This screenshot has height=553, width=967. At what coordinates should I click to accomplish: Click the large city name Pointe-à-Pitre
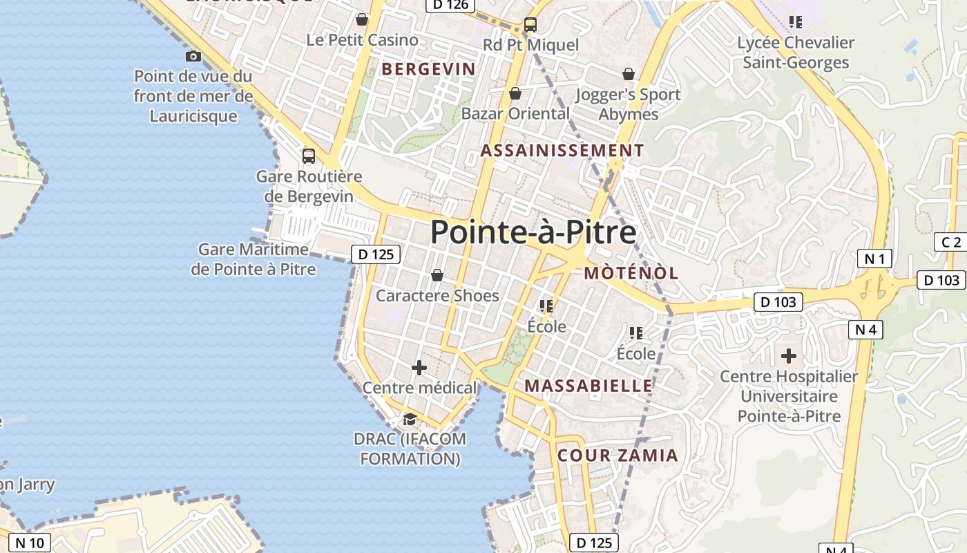(533, 232)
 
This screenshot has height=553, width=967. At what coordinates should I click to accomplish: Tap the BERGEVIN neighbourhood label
(428, 69)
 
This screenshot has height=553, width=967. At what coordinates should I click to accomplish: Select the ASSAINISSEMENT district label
(562, 151)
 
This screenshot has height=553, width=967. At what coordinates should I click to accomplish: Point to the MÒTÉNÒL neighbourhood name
(631, 273)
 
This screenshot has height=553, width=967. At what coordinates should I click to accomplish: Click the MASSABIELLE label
(588, 386)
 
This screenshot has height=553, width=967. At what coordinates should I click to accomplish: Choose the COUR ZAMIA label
(617, 456)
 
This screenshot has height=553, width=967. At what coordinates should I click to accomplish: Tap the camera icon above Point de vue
(193, 56)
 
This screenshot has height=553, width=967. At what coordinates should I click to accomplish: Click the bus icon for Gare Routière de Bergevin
(309, 156)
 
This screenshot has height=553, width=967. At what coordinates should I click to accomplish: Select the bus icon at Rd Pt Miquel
(530, 25)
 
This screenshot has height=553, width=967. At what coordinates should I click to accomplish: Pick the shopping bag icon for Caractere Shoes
(437, 276)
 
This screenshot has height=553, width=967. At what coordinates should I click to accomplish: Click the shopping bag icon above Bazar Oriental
(515, 93)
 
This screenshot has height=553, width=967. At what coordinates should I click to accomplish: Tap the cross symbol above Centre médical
(419, 368)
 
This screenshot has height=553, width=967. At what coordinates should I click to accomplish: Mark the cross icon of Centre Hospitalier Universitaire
(789, 356)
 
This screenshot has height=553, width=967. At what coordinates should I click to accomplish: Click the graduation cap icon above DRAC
(410, 420)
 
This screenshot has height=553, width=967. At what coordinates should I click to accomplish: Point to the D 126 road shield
(450, 5)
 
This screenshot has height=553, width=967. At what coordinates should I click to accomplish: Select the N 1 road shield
(874, 259)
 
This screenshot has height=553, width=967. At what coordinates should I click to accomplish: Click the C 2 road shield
(951, 242)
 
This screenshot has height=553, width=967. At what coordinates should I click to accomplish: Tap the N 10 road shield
(29, 543)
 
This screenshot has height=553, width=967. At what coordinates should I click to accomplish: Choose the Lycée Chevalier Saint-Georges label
(796, 53)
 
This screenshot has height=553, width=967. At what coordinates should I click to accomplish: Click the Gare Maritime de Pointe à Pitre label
(253, 259)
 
